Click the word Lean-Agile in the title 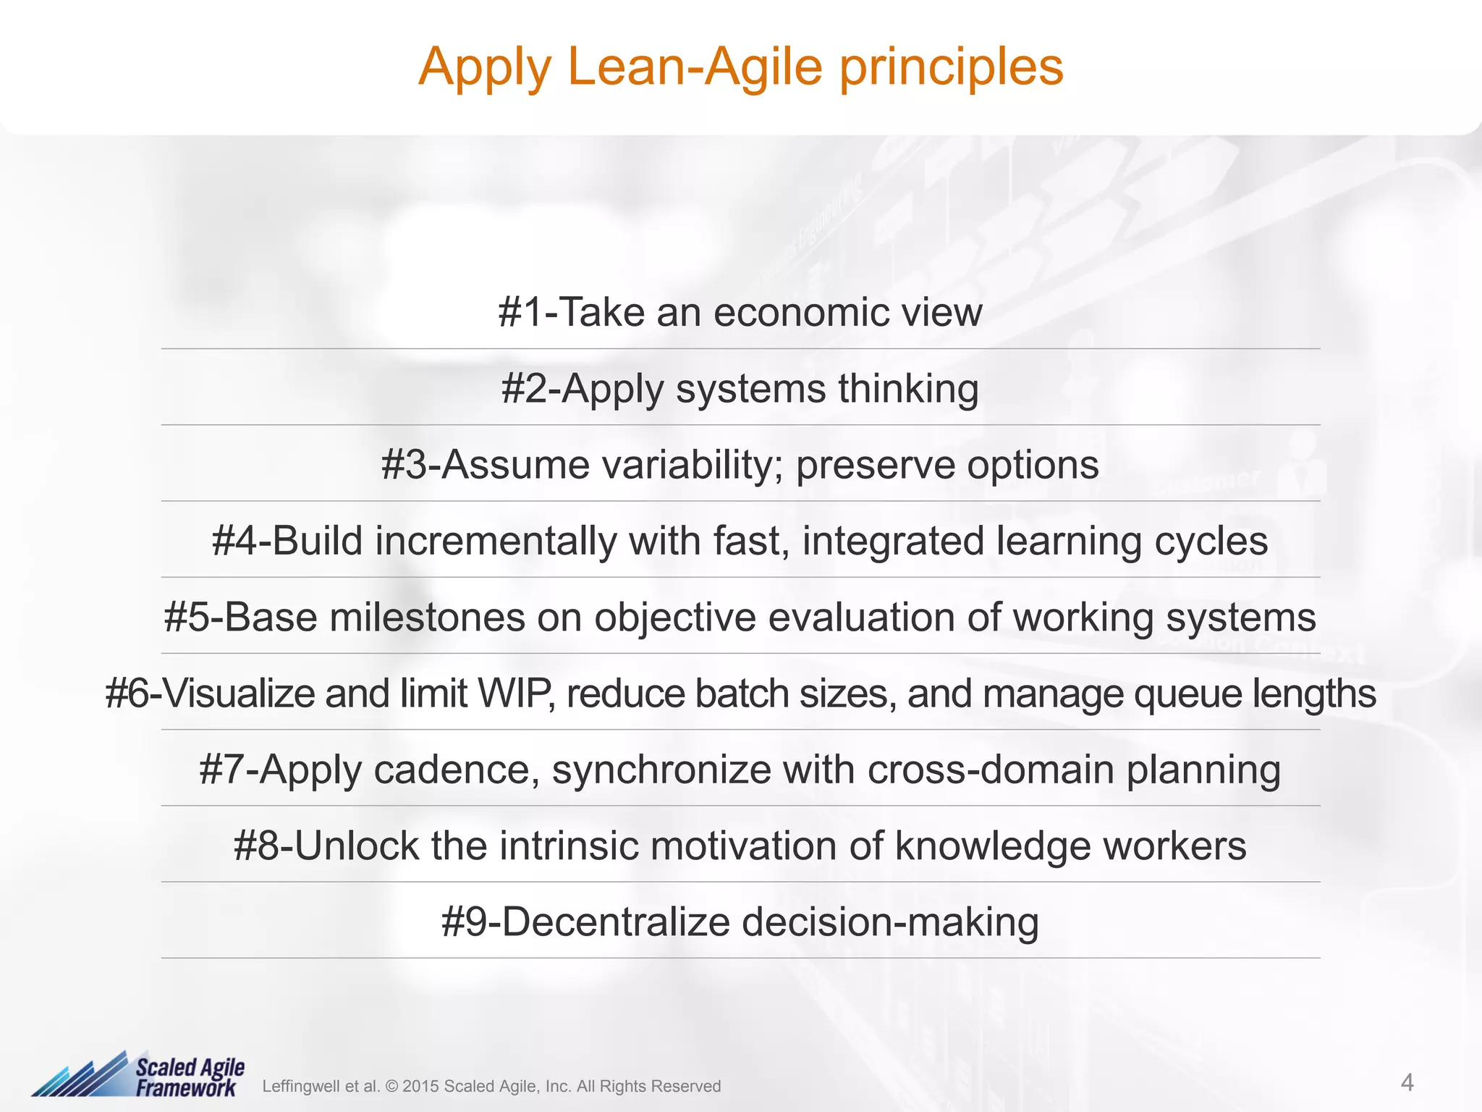pyautogui.click(x=695, y=67)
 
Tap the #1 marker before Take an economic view pyautogui.click(x=520, y=313)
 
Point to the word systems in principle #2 pyautogui.click(x=750, y=389)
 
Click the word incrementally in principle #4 pyautogui.click(x=495, y=541)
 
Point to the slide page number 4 pyautogui.click(x=1407, y=1083)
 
